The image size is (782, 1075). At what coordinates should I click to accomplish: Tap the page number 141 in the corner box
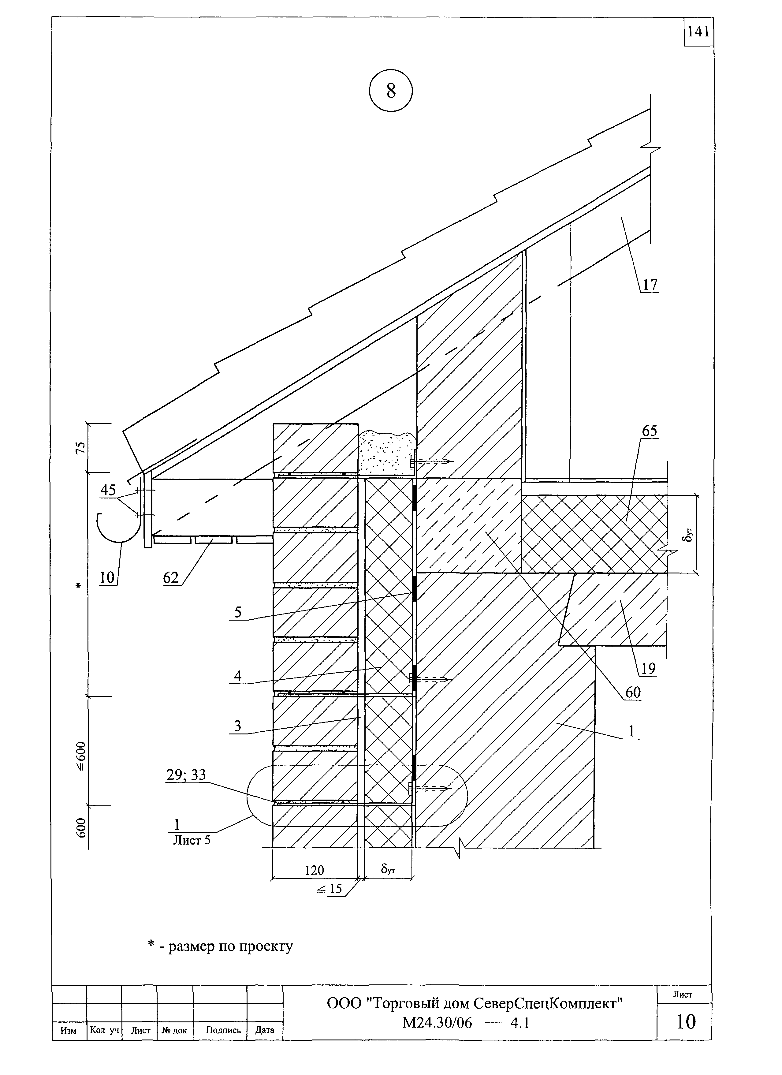[x=698, y=32]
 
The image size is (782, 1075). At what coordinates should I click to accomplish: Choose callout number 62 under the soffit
[x=171, y=577]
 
